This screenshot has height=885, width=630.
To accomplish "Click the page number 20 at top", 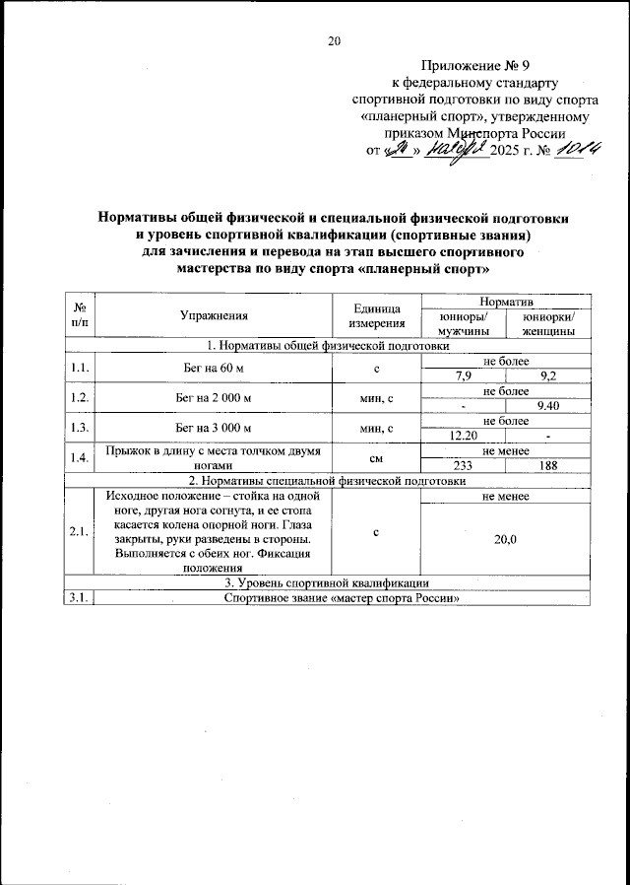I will (334, 41).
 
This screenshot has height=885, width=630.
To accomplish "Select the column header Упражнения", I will (214, 316).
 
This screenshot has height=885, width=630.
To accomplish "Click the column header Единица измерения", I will (377, 316).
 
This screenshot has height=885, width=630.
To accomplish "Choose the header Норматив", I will (506, 300).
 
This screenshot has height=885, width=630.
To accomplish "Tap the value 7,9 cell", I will (463, 376).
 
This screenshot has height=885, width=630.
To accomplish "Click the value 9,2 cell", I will (548, 376).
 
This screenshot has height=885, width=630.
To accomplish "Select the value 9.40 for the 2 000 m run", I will (548, 405).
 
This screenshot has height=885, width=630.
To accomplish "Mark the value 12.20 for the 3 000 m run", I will (463, 435).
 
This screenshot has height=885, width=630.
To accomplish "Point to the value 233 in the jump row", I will (463, 464).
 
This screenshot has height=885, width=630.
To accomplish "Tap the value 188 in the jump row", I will (548, 464).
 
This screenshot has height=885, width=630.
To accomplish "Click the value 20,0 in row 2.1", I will (506, 538).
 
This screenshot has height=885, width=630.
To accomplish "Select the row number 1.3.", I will (80, 427).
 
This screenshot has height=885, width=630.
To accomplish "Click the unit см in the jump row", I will (377, 456).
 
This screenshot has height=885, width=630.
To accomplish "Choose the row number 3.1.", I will (80, 597).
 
